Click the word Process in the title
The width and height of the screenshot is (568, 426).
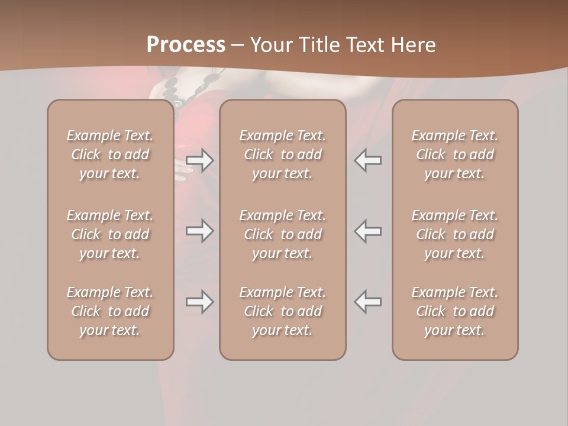click(186, 45)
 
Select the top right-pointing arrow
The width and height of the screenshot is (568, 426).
click(199, 160)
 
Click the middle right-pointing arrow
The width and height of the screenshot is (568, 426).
click(199, 230)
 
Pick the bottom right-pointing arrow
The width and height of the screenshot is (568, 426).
click(199, 302)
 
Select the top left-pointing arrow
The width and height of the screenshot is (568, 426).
click(368, 160)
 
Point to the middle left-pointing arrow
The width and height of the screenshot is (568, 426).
click(368, 230)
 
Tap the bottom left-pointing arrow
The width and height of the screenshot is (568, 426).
click(368, 302)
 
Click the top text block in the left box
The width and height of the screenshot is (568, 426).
click(110, 154)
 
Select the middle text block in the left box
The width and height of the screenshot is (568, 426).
click(110, 234)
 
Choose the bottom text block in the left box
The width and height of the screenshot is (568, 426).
click(110, 311)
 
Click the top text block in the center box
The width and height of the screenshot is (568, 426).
click(282, 154)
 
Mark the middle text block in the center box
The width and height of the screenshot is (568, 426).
click(282, 234)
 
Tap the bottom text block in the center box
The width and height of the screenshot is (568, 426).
click(282, 311)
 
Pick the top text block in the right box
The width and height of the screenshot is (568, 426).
click(454, 154)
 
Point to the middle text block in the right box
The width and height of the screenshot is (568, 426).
click(454, 234)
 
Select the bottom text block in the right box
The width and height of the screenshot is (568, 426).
click(454, 311)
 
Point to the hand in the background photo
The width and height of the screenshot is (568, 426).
click(182, 170)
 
